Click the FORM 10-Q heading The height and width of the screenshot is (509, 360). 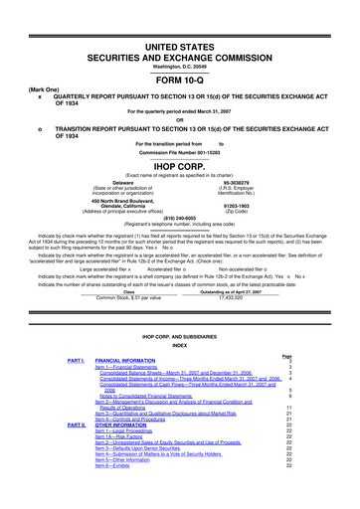click(x=180, y=53)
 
